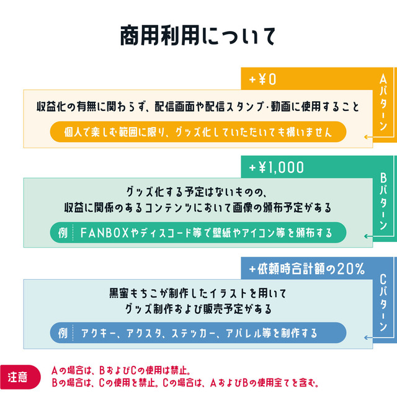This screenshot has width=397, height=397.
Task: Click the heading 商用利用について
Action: click(x=198, y=36)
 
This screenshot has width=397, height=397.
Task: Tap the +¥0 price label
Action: click(x=262, y=79)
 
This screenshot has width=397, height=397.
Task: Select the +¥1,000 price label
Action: click(x=277, y=167)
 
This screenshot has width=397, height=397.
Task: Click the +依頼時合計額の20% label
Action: click(x=306, y=269)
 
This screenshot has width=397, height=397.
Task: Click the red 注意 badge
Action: click(x=17, y=377)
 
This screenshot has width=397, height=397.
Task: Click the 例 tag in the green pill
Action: click(x=63, y=233)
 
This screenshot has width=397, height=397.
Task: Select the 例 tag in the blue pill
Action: click(x=63, y=333)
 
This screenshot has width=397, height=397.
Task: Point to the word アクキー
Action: click(x=97, y=333)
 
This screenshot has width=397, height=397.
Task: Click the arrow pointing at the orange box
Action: click(x=368, y=136)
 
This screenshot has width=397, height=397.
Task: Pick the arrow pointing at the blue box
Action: click(x=368, y=337)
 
